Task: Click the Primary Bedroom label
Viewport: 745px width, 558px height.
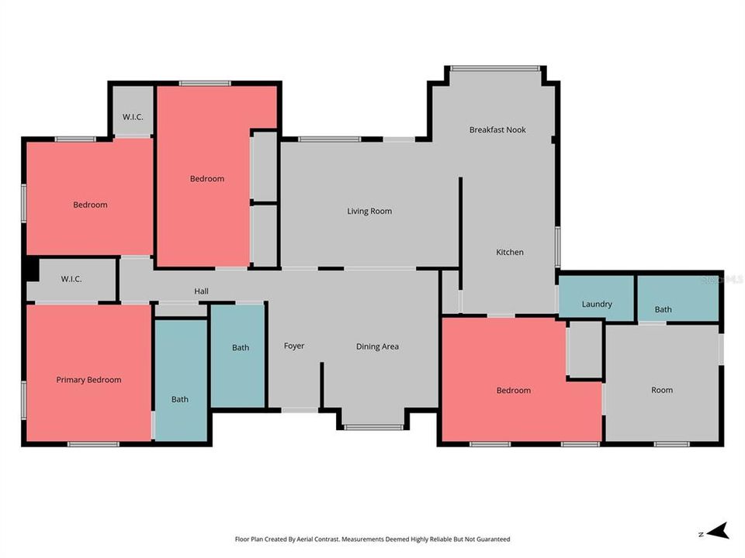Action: (x=88, y=380)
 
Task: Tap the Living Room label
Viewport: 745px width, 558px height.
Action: (x=369, y=211)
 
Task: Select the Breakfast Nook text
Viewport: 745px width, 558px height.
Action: (x=497, y=129)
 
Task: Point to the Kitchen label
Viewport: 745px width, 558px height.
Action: (x=510, y=252)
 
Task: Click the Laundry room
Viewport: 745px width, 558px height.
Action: (x=596, y=297)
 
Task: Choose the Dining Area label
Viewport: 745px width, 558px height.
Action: (x=377, y=346)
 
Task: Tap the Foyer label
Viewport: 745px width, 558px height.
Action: (x=294, y=346)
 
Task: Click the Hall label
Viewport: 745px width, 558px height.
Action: (x=202, y=291)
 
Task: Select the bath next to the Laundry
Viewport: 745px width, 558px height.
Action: (x=677, y=298)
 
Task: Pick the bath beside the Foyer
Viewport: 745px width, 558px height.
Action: (x=237, y=356)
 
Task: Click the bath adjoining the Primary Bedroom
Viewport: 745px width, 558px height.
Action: (x=181, y=381)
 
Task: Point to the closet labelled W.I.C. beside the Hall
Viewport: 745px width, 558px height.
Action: (x=71, y=279)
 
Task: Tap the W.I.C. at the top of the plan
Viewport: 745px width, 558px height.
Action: (x=133, y=111)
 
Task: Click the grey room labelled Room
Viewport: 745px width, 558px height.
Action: (x=662, y=384)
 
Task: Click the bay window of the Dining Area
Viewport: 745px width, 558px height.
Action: (x=373, y=428)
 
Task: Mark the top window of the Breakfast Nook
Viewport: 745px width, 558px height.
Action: (x=495, y=68)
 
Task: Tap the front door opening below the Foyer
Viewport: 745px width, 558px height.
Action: (x=300, y=410)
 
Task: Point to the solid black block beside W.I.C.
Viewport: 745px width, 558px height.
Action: (x=33, y=269)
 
